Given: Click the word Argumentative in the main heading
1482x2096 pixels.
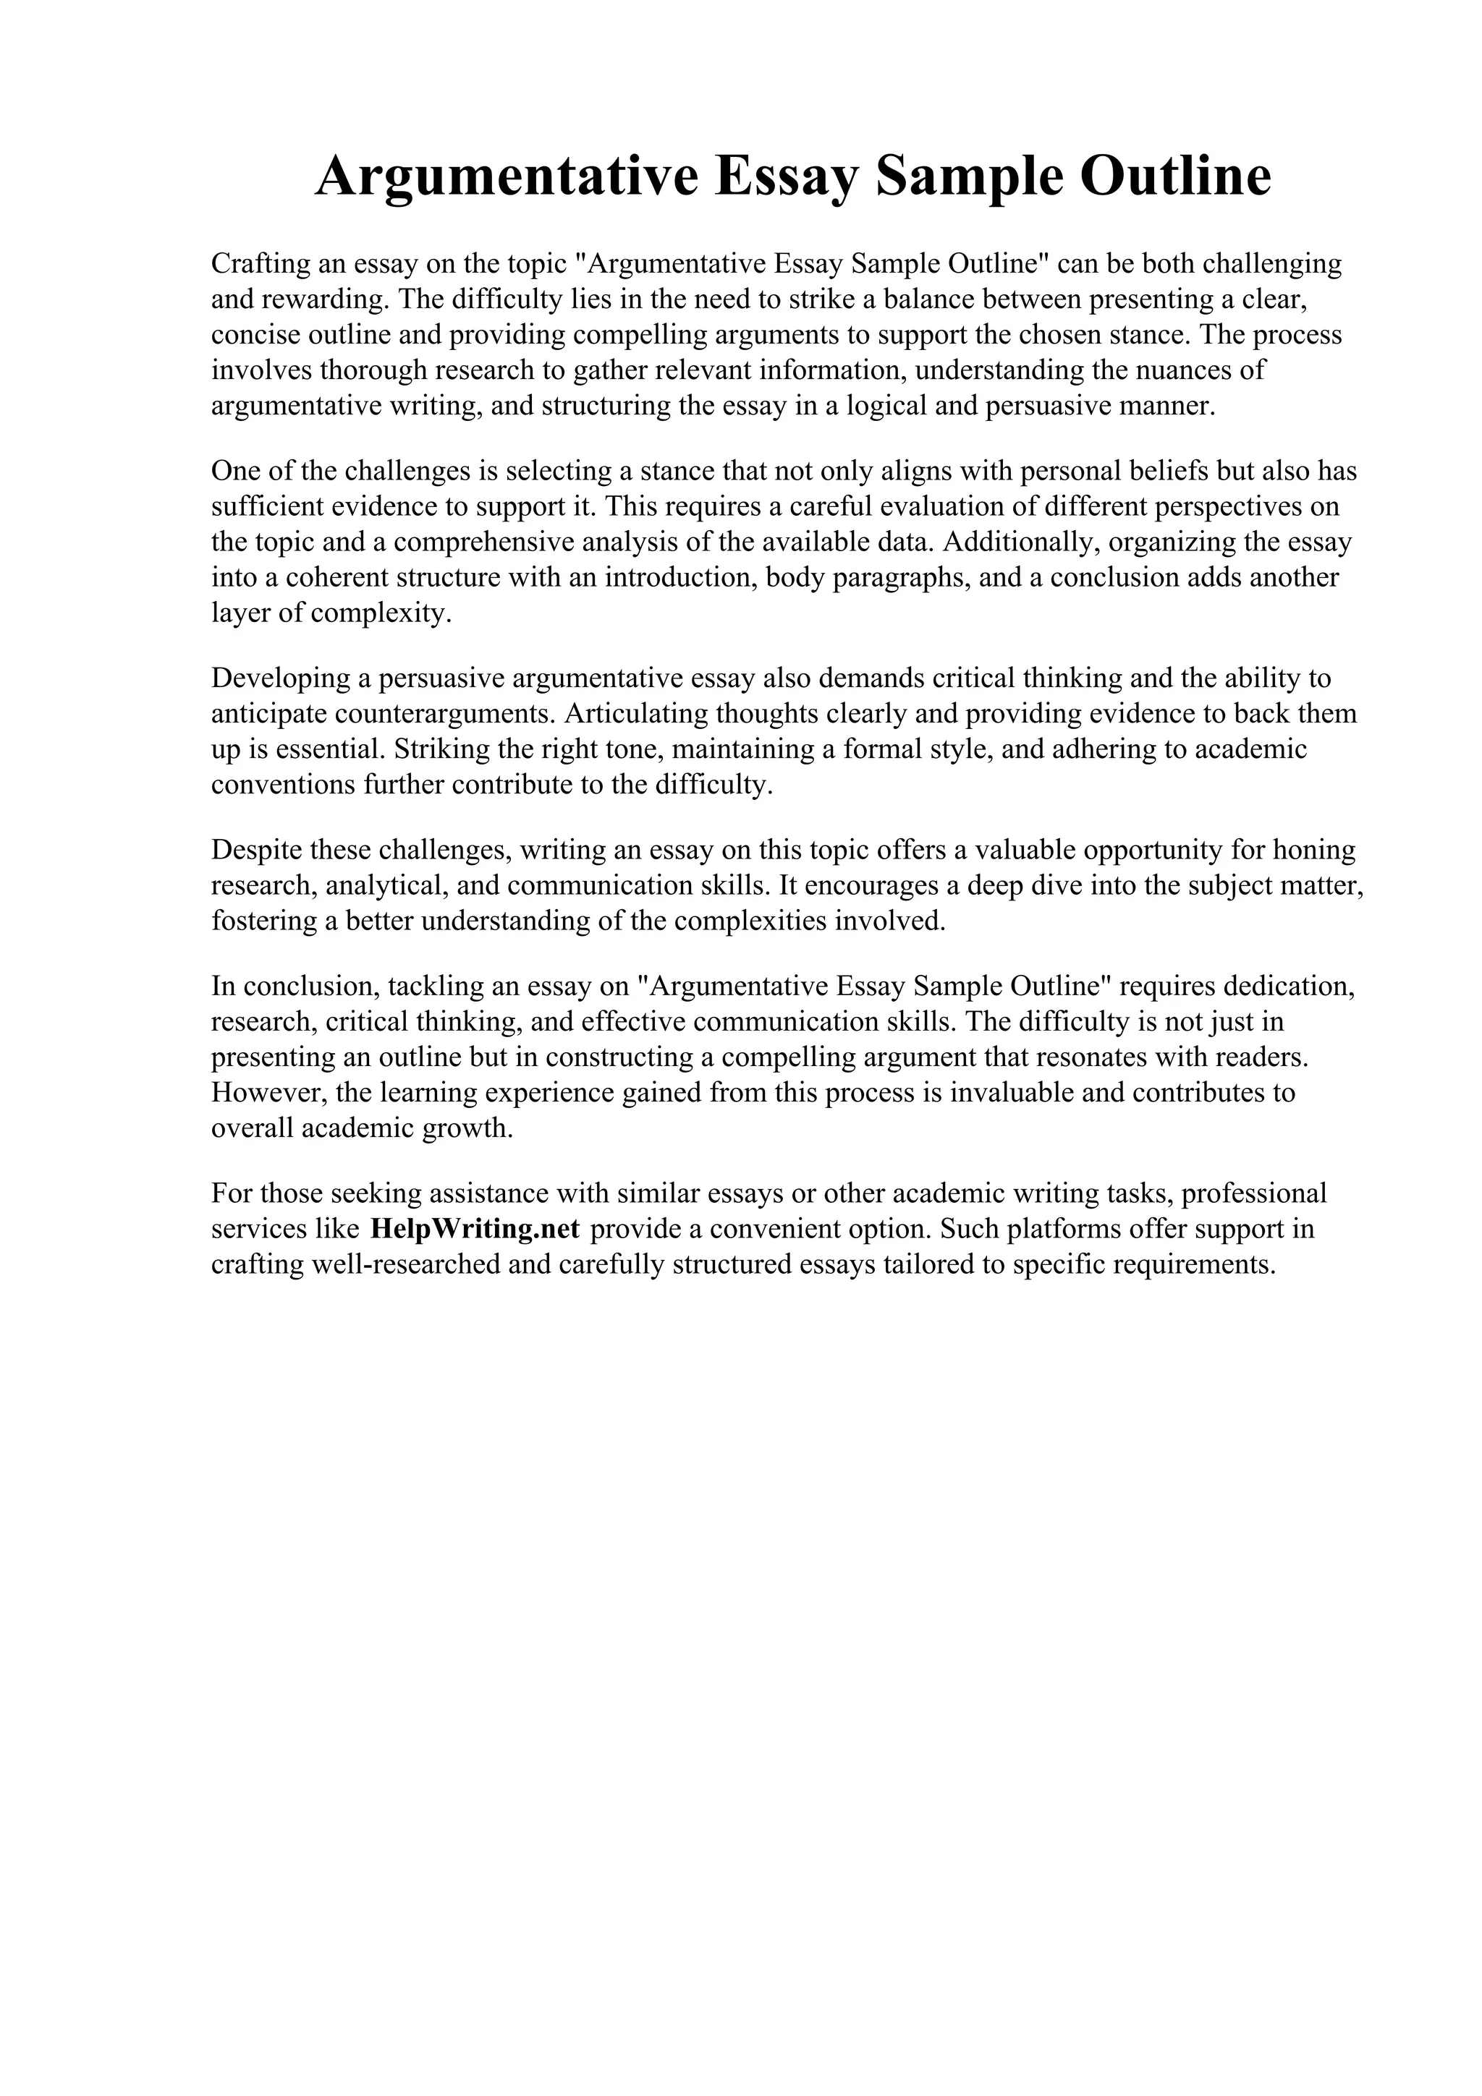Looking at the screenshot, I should click(506, 177).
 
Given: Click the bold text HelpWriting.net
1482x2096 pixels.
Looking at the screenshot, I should click(475, 1229).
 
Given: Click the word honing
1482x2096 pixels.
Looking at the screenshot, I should click(1313, 850).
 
